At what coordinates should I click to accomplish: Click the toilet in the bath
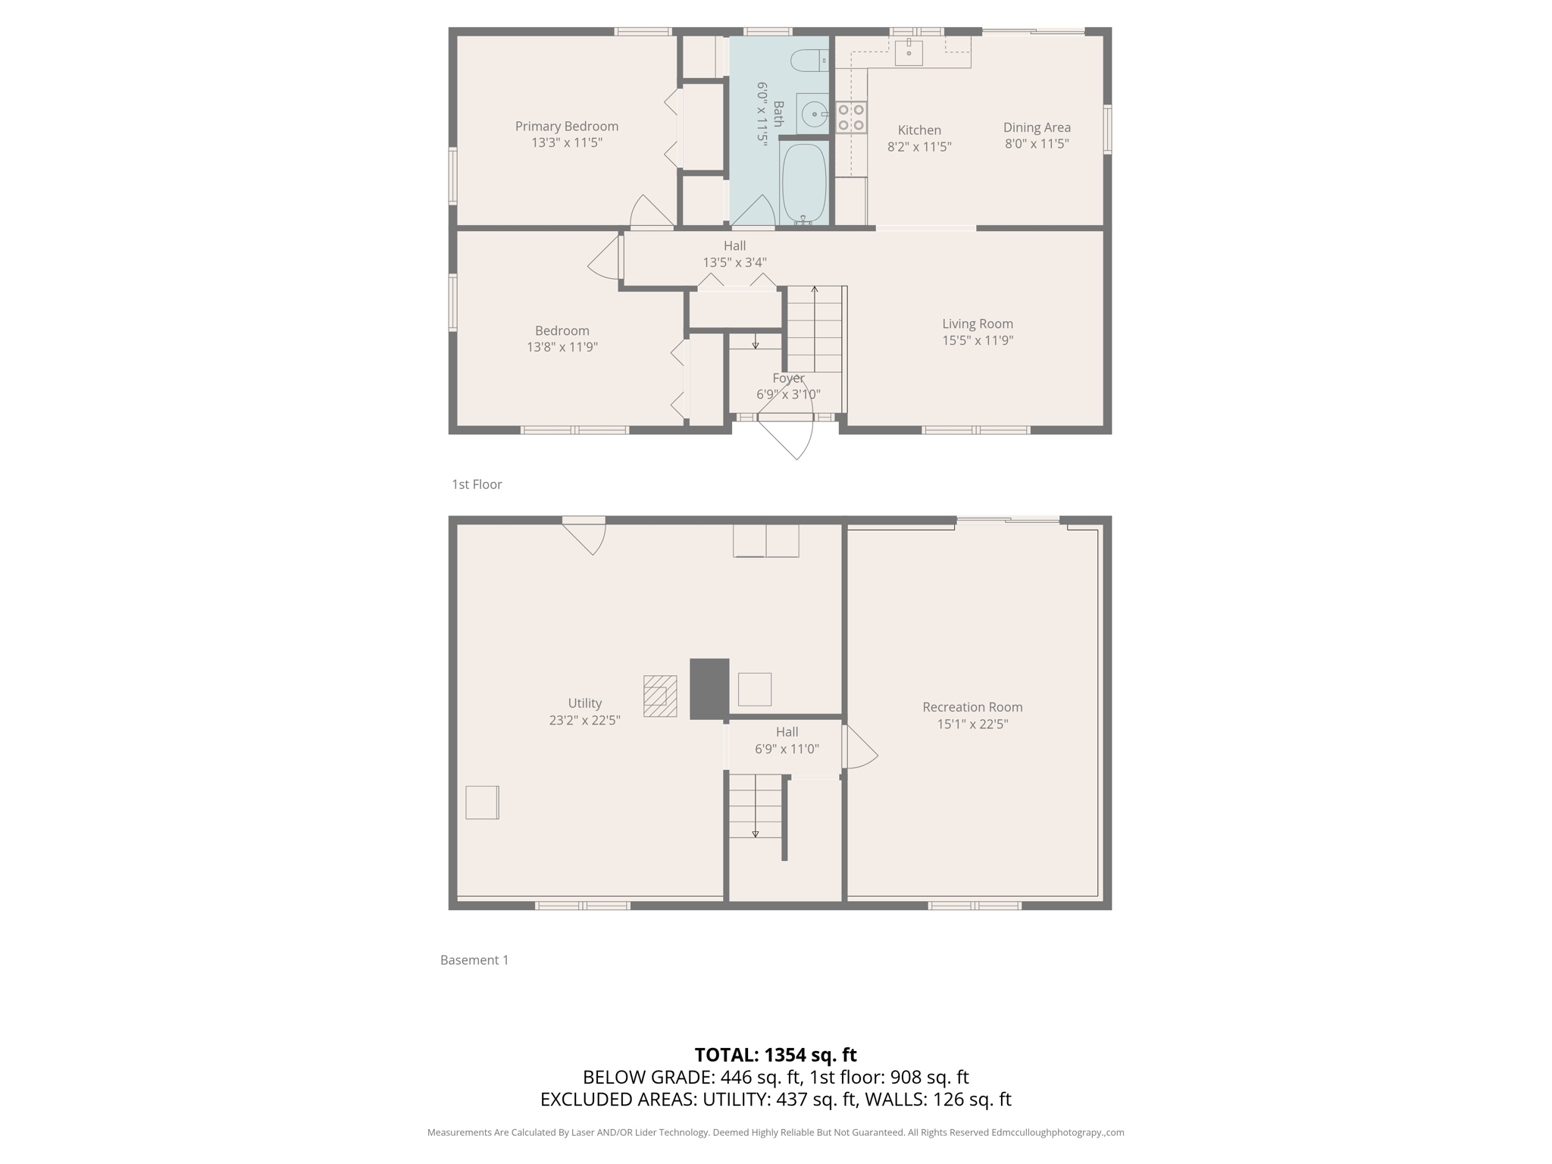pyautogui.click(x=808, y=60)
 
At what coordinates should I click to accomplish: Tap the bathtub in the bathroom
pyautogui.click(x=803, y=182)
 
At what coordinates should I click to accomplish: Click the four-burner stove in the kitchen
pyautogui.click(x=851, y=117)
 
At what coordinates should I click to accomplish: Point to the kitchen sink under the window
pyautogui.click(x=908, y=52)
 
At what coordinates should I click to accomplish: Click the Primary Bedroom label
pyautogui.click(x=566, y=127)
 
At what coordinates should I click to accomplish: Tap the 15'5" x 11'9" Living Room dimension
pyautogui.click(x=977, y=340)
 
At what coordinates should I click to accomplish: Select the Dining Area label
pyautogui.click(x=1036, y=127)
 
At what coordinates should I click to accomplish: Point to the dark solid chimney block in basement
pyautogui.click(x=709, y=688)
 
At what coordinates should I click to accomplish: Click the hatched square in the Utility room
pyautogui.click(x=659, y=696)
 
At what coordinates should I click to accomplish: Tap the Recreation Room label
pyautogui.click(x=972, y=707)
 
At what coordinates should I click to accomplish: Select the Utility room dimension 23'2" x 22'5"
pyautogui.click(x=584, y=720)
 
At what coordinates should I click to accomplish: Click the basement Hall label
pyautogui.click(x=786, y=732)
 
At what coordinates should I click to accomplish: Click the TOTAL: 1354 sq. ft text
pyautogui.click(x=774, y=1054)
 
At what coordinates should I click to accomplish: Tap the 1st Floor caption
pyautogui.click(x=477, y=484)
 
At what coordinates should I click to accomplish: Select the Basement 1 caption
pyautogui.click(x=474, y=960)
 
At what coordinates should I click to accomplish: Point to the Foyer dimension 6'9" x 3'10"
pyautogui.click(x=787, y=394)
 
